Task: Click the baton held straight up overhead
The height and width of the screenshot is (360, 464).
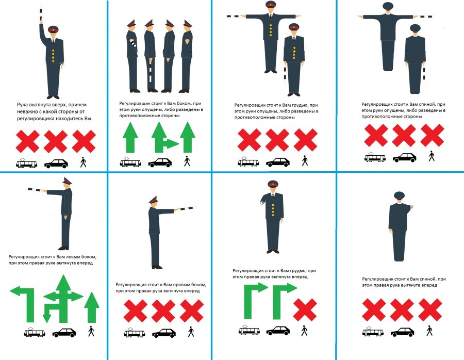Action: (x=41, y=12)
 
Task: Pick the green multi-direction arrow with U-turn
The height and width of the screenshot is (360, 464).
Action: (x=62, y=299)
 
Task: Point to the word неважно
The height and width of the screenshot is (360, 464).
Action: (x=26, y=111)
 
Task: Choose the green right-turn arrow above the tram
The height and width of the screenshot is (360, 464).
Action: (x=254, y=299)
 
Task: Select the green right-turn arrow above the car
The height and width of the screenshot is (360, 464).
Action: (x=283, y=299)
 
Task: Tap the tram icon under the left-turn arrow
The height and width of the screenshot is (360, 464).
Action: (x=35, y=333)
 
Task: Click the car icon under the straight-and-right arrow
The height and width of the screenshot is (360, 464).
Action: (x=160, y=163)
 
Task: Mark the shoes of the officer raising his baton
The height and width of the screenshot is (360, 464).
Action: (x=53, y=97)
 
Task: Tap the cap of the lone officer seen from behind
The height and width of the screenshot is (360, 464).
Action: (x=399, y=195)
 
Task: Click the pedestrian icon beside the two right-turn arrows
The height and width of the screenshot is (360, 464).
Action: (x=305, y=331)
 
